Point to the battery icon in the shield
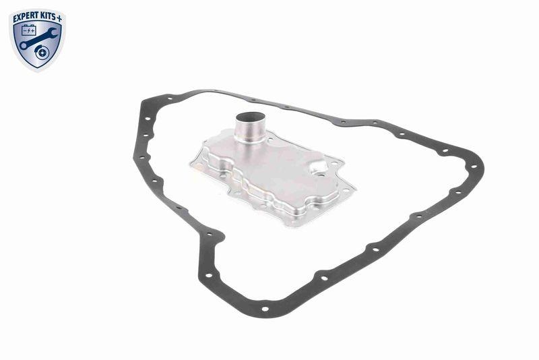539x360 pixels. coord(29,31)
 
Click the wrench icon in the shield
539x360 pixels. coord(38,38)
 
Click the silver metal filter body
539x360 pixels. coord(276,175)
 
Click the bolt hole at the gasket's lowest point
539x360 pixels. coord(264,308)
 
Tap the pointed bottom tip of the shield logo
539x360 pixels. coord(38,69)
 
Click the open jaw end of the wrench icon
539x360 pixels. coord(53,27)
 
